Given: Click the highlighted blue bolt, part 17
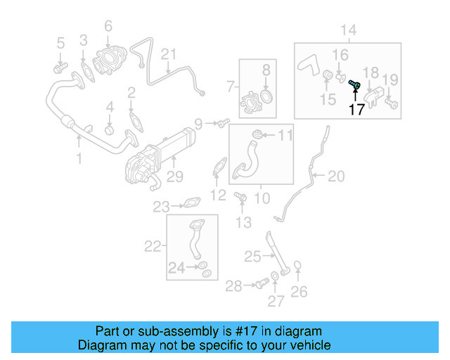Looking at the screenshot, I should [x=354, y=86].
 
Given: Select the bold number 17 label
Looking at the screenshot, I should [x=356, y=110].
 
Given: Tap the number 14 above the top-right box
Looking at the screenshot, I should [x=349, y=30].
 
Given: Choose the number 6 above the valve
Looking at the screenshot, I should [x=108, y=27].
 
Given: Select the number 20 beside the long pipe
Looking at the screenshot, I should [x=336, y=176].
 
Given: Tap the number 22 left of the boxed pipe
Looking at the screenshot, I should [x=153, y=246].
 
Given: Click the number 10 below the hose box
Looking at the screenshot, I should [x=261, y=199].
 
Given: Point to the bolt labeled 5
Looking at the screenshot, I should [x=60, y=67].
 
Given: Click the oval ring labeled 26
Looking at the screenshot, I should [x=297, y=265].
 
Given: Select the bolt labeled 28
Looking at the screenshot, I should [x=261, y=283].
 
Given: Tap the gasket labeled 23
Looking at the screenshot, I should [x=190, y=205].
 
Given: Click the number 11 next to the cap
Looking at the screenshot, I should [x=287, y=134].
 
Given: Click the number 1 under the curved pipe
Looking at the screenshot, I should [x=79, y=160].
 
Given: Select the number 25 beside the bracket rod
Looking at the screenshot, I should [x=252, y=257].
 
